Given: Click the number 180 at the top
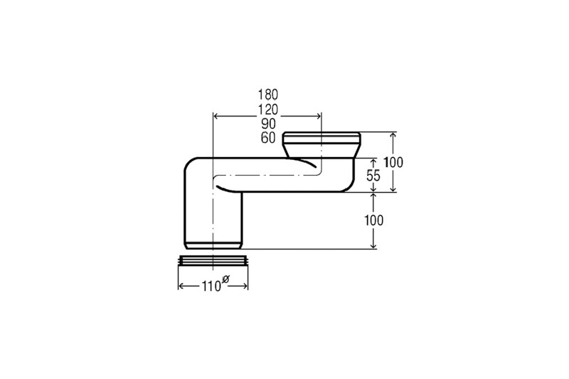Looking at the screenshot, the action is tap(268, 95).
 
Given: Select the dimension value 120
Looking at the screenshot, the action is tap(268, 110).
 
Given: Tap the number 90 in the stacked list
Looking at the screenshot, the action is tap(269, 124).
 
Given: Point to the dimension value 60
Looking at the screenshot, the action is tap(269, 138).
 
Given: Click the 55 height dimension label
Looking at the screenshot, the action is tap(373, 176).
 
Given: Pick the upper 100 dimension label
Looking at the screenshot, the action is tap(393, 162).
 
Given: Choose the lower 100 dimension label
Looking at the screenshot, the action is tap(373, 220).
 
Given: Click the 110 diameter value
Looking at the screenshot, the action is tap(211, 287).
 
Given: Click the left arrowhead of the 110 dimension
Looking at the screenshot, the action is tap(181, 287).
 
